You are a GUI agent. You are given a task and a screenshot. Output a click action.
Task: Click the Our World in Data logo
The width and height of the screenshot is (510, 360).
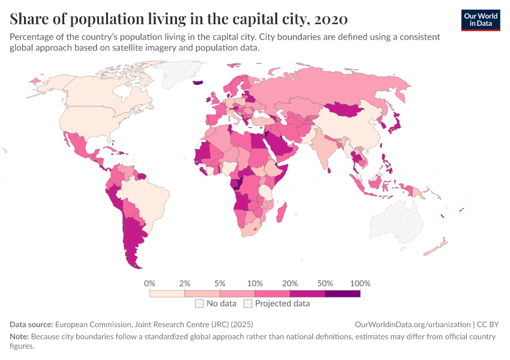(481, 20)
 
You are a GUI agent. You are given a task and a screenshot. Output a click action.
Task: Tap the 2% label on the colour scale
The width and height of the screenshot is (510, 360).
(185, 283)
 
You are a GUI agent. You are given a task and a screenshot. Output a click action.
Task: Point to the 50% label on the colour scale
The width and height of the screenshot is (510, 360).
(325, 283)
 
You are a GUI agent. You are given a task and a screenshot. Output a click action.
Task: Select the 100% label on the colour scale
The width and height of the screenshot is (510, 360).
(360, 283)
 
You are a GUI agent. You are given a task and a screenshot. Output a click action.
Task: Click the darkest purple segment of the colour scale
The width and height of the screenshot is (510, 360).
(343, 293)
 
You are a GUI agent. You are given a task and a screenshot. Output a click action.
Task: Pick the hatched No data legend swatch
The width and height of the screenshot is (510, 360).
(200, 304)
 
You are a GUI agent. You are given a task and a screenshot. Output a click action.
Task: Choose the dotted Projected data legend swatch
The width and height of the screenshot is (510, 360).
(248, 304)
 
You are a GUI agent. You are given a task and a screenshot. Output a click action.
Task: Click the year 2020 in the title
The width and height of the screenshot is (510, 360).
(331, 19)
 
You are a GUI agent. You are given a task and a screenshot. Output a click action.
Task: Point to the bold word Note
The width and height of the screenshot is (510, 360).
(19, 337)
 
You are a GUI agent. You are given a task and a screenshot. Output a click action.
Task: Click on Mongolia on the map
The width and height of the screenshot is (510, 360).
(346, 109)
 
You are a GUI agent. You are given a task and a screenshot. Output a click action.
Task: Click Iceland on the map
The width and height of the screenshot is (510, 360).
(197, 83)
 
